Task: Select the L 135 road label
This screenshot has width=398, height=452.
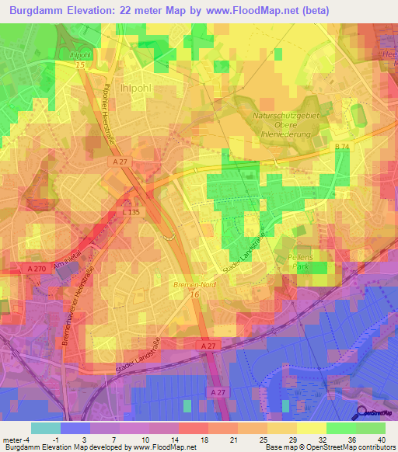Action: (x=130, y=211)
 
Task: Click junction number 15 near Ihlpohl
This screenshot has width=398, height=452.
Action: (x=79, y=65)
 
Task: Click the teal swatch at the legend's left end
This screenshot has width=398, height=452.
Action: (x=45, y=428)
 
